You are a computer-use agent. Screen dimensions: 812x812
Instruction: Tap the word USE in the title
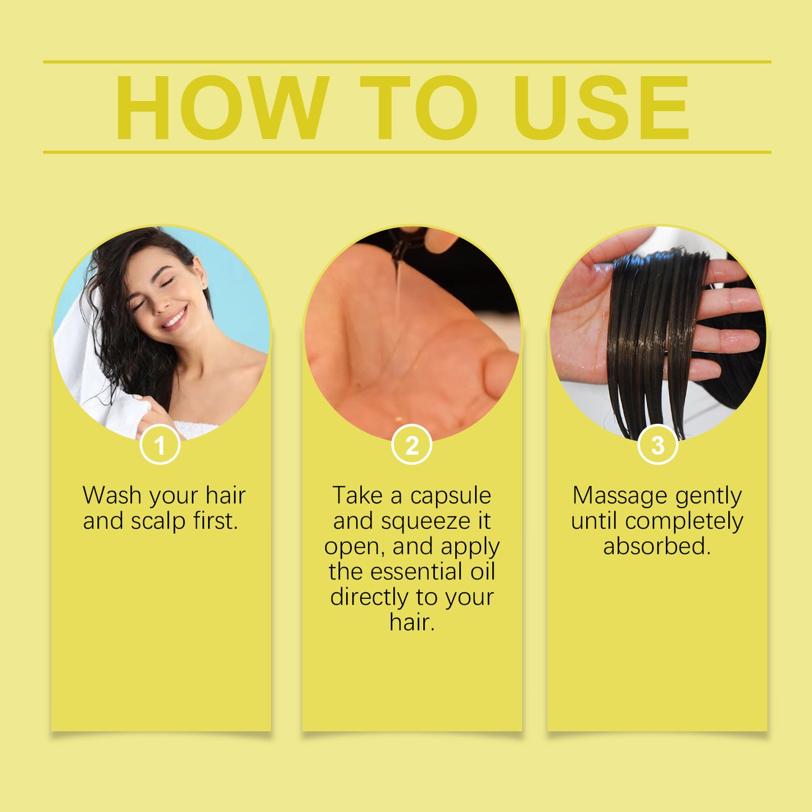pos(601,107)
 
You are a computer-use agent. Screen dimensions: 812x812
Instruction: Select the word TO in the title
pos(419,107)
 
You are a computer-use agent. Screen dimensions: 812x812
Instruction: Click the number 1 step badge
pos(160,446)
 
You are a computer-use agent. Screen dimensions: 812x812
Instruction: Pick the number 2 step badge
pos(412,446)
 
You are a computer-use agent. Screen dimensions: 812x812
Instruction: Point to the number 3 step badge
pos(657,446)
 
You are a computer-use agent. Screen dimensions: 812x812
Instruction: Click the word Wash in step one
pos(112,496)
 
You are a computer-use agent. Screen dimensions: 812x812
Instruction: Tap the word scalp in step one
pos(158,521)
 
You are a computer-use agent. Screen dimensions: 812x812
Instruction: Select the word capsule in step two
pos(451,496)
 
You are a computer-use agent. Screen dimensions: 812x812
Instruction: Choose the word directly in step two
pos(369,597)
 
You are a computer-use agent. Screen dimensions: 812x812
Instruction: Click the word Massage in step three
pos(620,496)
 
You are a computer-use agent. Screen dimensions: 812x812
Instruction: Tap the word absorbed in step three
pos(657,546)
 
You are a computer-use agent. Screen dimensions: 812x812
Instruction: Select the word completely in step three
pos(684,521)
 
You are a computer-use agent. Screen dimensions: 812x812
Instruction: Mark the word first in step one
pos(216,521)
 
